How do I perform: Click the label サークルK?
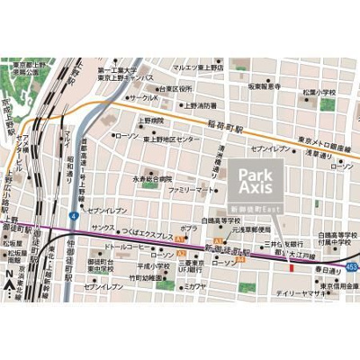tap(143, 97)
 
